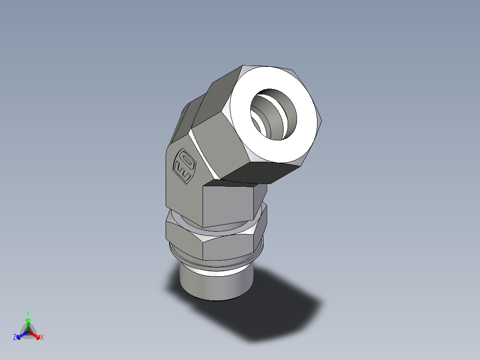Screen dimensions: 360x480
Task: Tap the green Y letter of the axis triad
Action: tap(28, 313)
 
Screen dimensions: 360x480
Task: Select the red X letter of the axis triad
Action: tap(42, 338)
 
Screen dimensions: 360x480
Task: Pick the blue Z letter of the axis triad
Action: tap(15, 338)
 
